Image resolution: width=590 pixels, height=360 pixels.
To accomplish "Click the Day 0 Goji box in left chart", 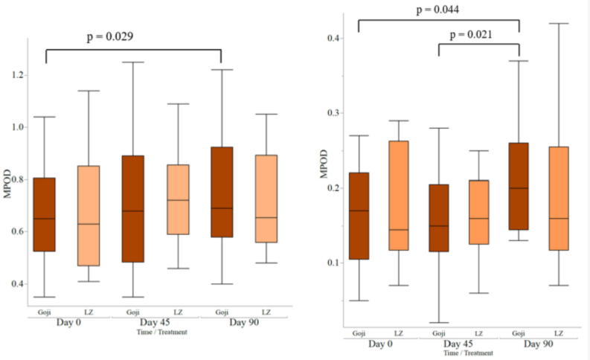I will [46, 214].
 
